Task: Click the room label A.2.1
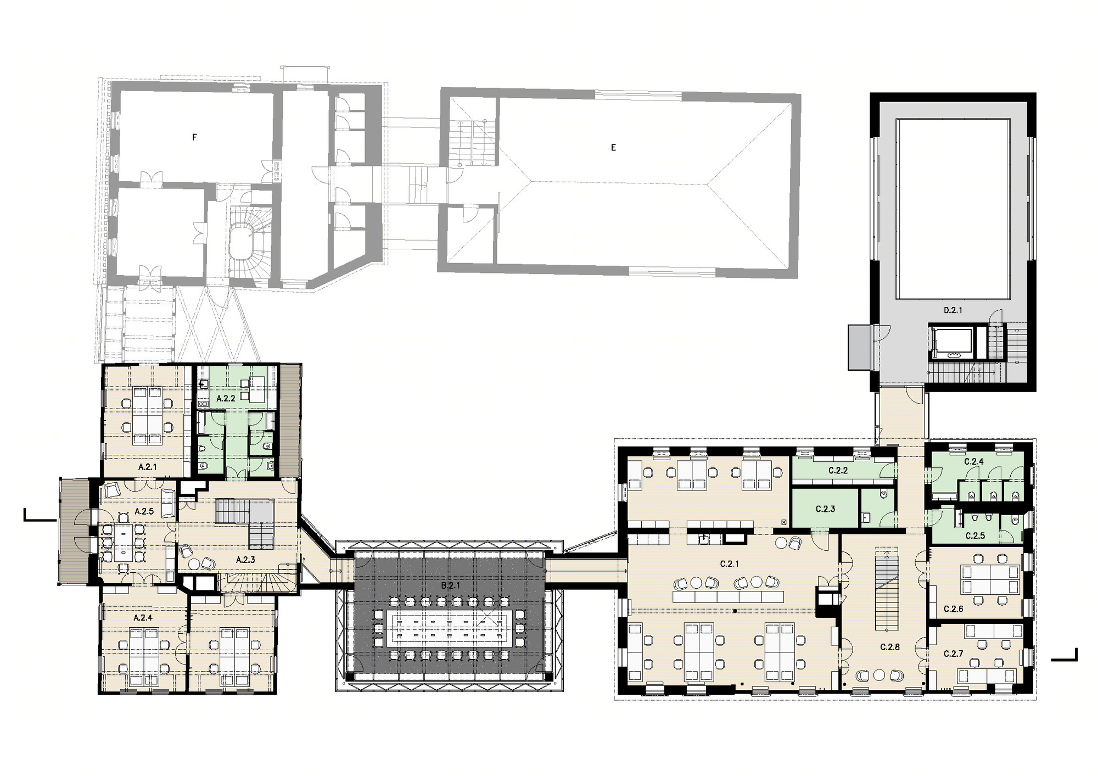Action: tap(148, 467)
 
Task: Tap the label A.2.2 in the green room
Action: tap(226, 399)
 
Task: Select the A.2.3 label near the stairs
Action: tap(245, 560)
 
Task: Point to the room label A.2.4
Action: tap(143, 617)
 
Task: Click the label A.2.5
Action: tap(144, 511)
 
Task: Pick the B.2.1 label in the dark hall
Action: tap(450, 586)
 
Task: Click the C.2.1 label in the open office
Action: tap(730, 564)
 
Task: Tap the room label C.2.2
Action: tap(838, 471)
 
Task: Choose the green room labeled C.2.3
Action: tap(825, 509)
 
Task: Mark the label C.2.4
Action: tap(974, 462)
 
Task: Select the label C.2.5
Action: tap(975, 535)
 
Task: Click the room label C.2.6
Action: tap(954, 609)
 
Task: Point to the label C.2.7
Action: tap(954, 654)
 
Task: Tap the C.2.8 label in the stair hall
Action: tap(890, 647)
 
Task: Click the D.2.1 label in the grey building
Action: tap(953, 310)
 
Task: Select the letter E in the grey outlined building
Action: tap(613, 148)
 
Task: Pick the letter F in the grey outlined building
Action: tap(194, 138)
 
